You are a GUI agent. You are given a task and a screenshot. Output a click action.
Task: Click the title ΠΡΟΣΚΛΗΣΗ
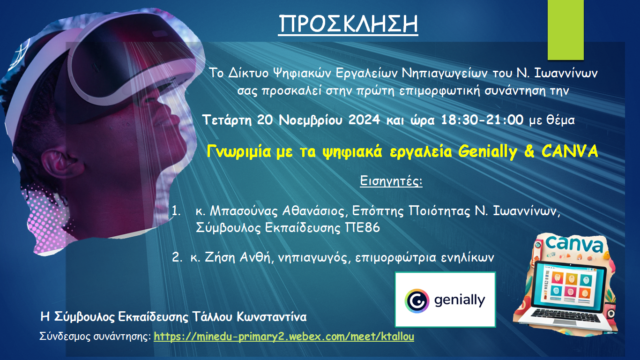348,24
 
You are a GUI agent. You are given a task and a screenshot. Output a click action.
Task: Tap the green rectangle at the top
566,30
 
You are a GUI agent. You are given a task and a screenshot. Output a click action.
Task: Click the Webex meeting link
284,337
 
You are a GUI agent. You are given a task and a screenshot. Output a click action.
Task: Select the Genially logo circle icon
417,301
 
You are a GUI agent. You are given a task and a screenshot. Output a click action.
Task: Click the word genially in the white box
460,301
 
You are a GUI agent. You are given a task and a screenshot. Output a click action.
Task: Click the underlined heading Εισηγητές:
391,181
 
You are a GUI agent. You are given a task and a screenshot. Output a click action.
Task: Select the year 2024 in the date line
364,120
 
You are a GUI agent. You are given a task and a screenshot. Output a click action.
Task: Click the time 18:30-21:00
482,120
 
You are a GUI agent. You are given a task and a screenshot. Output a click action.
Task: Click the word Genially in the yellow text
488,151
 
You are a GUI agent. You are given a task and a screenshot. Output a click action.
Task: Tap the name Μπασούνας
244,211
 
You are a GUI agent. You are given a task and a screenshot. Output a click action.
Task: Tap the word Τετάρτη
227,120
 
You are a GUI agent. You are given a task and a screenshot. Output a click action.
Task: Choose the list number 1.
176,211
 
